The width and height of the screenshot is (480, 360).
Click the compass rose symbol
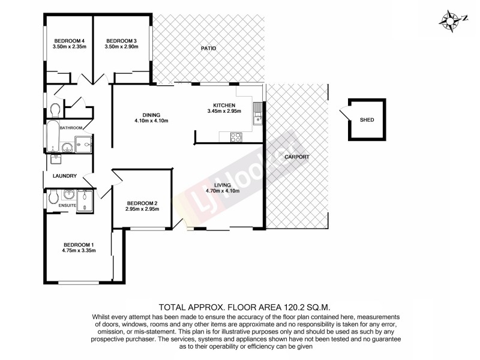449,20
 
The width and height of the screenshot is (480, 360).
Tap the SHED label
367,120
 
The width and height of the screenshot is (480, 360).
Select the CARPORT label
297,157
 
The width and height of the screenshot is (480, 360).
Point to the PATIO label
208,49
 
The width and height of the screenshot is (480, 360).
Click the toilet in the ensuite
52,197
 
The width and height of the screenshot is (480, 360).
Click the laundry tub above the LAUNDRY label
56,160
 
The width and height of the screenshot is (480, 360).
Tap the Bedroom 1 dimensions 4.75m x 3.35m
79,251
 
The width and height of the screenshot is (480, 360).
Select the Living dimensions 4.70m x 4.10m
223,191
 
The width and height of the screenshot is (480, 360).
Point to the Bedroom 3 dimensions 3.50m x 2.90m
121,47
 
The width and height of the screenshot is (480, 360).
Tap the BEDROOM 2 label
142,203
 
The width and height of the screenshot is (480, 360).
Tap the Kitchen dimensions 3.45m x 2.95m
224,111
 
